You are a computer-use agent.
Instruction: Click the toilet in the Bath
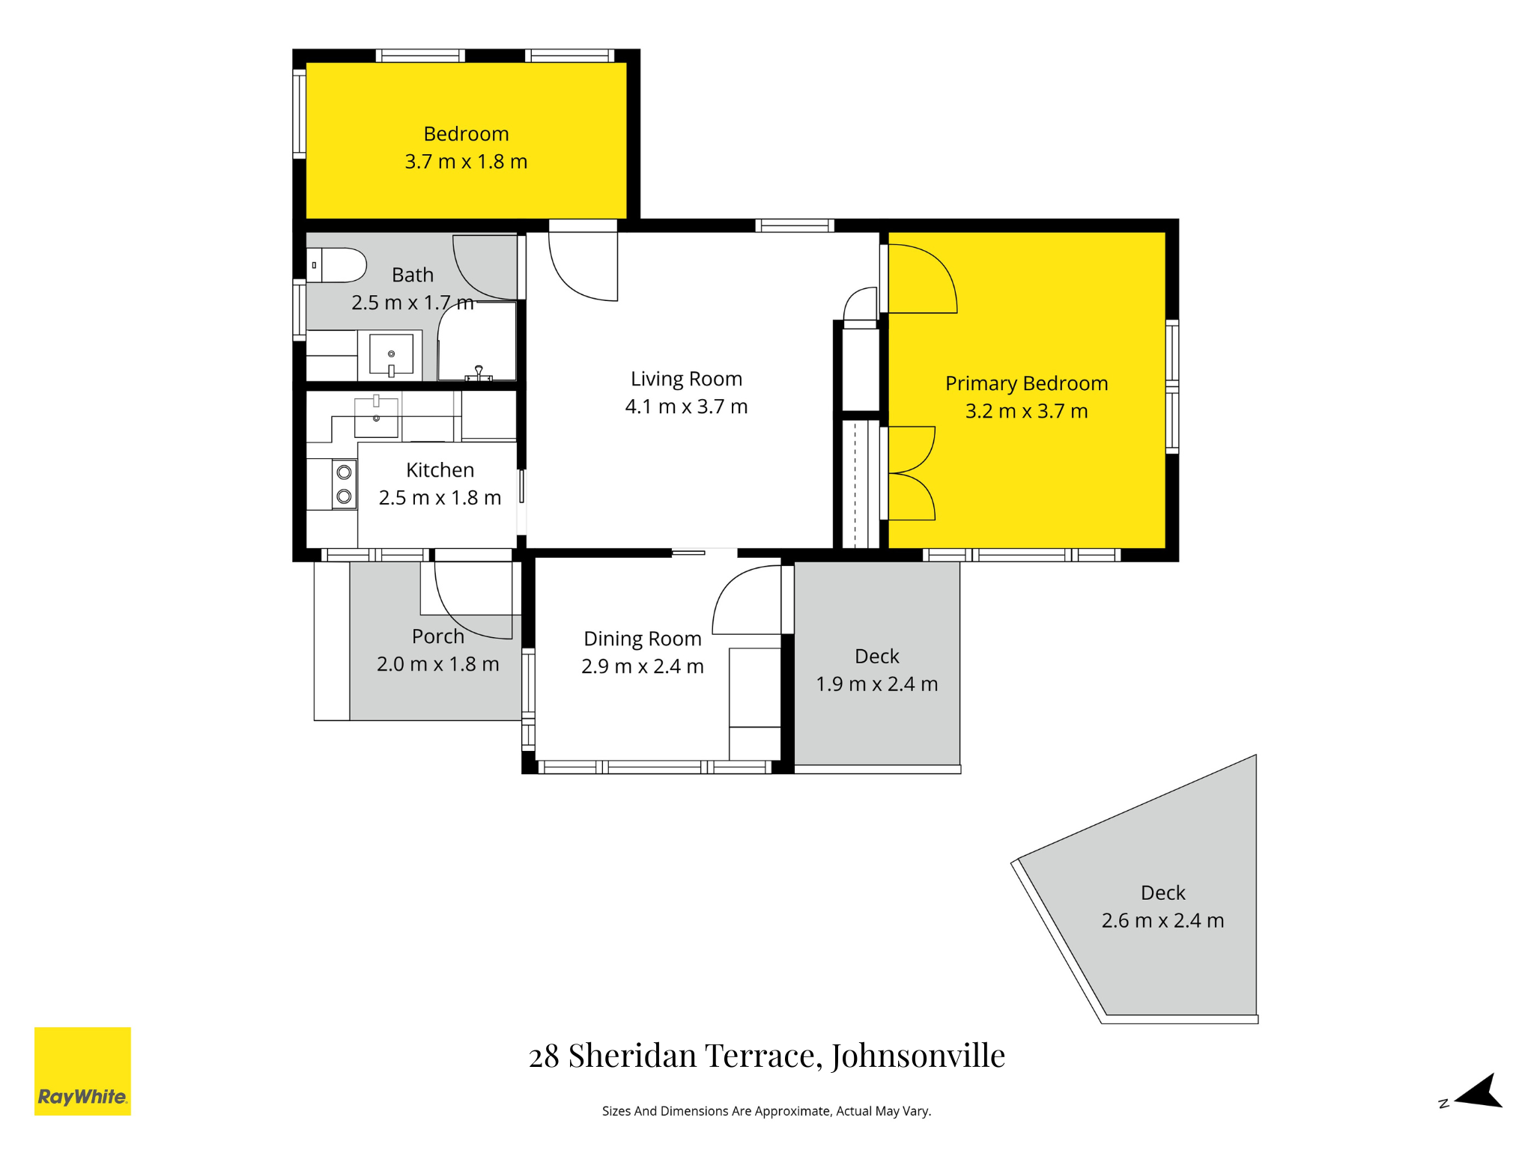[336, 265]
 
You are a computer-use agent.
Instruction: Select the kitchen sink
[376, 417]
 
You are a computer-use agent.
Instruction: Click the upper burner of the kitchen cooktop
[345, 472]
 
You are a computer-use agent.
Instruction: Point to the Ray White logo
[82, 1071]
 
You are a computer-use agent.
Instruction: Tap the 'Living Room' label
[686, 379]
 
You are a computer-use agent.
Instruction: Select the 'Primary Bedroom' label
[1026, 383]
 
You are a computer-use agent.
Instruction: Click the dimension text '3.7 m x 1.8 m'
[466, 162]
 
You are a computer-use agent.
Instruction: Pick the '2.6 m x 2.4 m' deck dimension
[1162, 920]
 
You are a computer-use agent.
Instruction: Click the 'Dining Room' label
[643, 639]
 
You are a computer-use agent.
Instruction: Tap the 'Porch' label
[438, 636]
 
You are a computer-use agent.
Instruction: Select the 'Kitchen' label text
[440, 470]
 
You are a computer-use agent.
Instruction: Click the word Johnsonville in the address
[918, 1056]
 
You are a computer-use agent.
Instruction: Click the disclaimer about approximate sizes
[766, 1111]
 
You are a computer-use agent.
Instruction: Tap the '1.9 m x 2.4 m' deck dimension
[876, 684]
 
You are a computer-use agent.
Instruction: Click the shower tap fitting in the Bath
[479, 373]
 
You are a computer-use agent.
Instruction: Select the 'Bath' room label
[413, 275]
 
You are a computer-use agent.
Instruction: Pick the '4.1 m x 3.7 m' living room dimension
[686, 407]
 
